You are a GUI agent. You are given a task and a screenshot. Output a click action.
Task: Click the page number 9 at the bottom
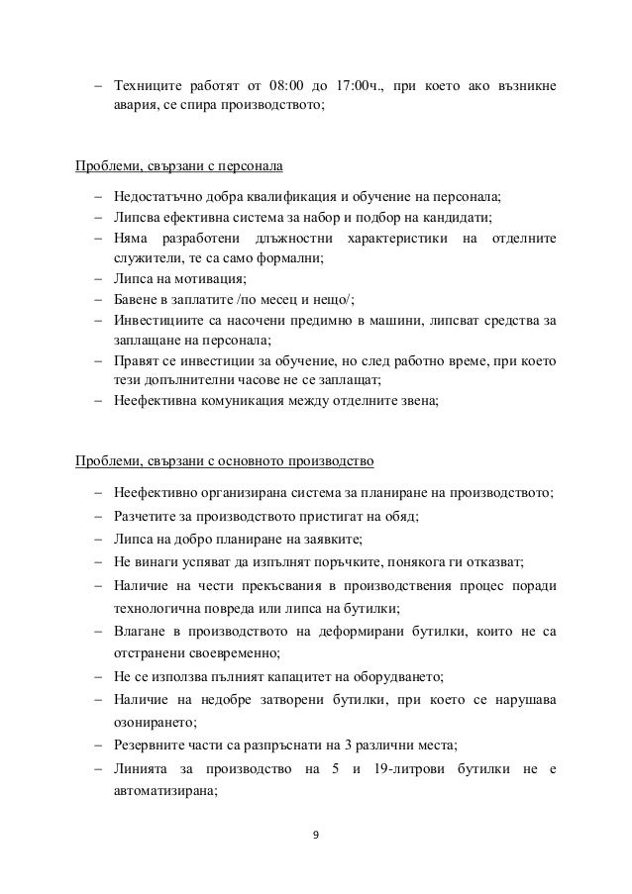tap(315, 834)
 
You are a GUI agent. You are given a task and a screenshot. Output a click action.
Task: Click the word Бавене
tap(137, 300)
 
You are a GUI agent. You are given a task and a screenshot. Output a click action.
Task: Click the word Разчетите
tap(148, 516)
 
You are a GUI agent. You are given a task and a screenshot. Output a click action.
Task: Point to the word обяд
tap(399, 516)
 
